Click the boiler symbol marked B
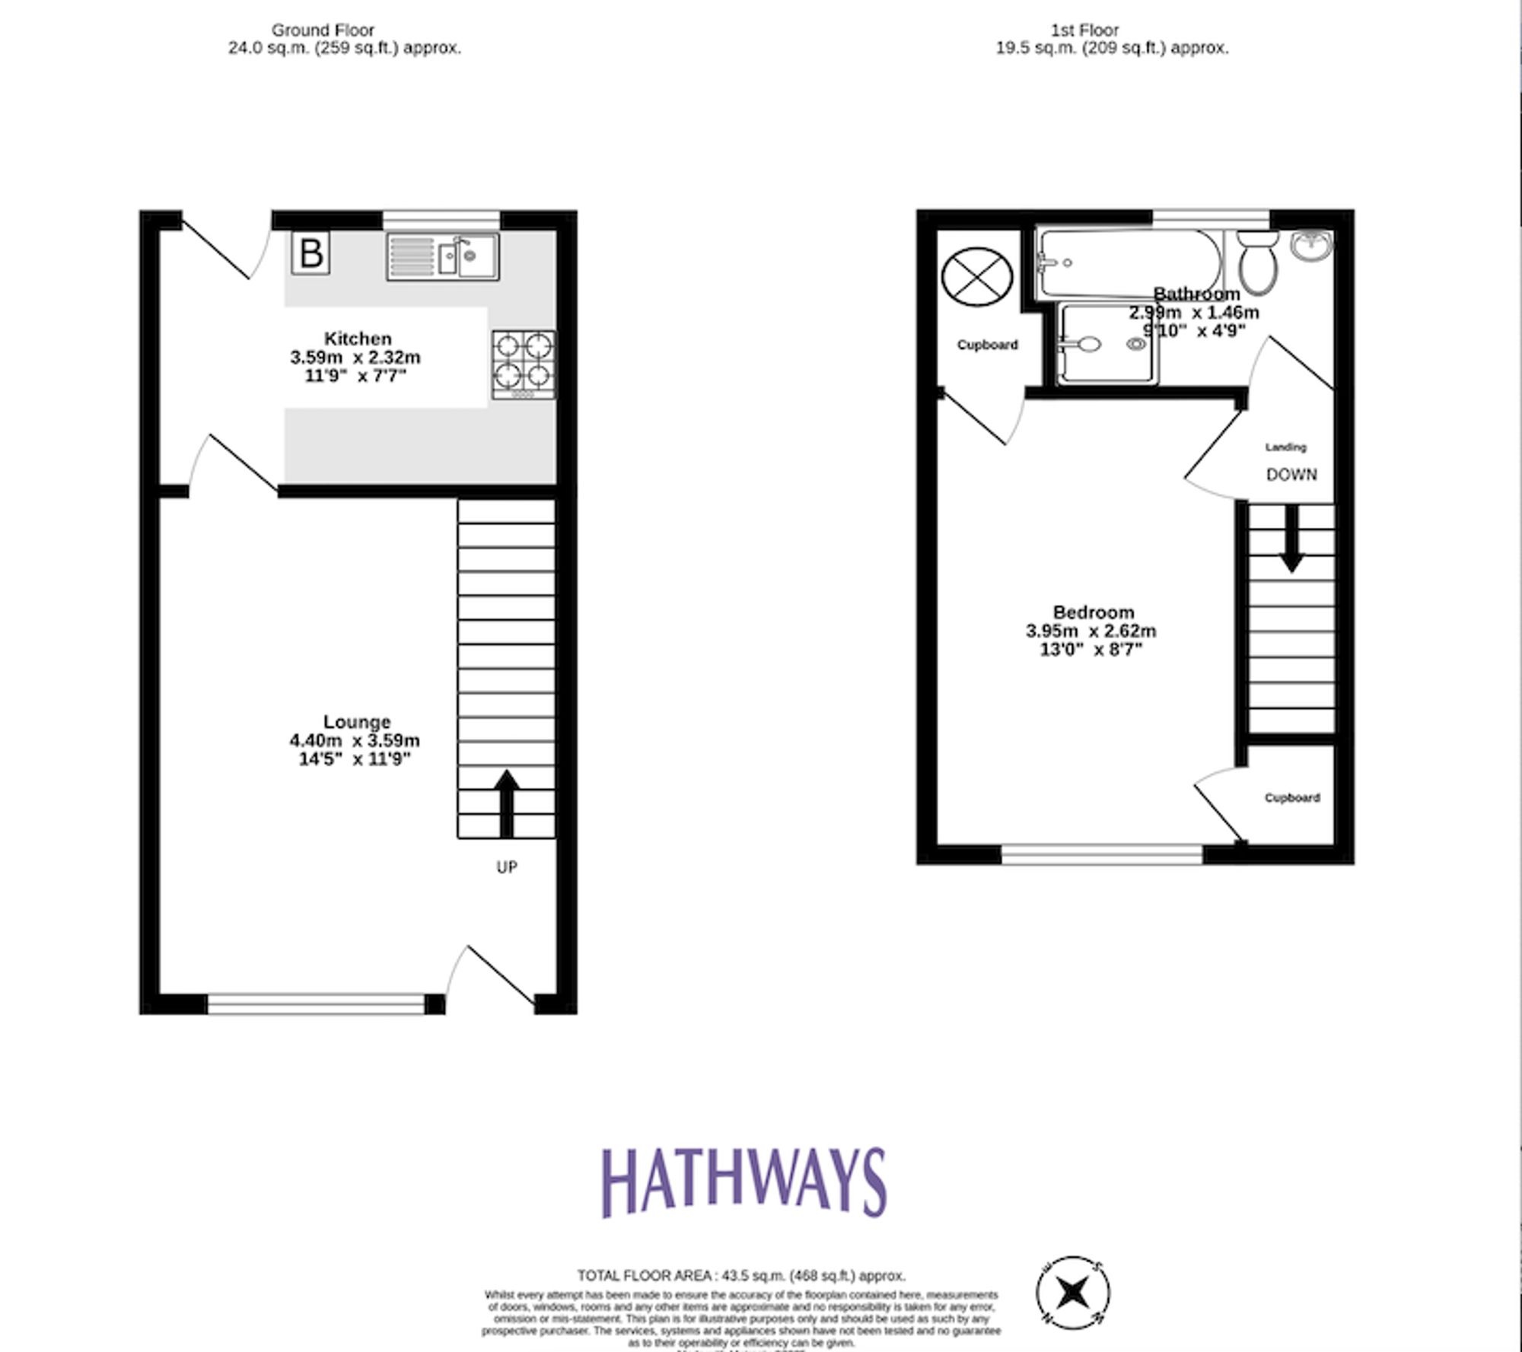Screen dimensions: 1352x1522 310,253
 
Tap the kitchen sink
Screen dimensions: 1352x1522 443,256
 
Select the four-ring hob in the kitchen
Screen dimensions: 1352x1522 524,364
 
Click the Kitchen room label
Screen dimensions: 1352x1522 358,339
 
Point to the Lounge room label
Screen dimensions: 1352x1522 357,722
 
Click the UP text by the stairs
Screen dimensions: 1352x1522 507,867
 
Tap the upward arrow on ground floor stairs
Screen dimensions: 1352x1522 507,803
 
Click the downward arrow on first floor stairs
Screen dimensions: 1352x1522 1291,539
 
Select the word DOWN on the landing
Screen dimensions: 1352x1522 1291,475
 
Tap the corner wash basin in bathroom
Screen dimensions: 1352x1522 1312,245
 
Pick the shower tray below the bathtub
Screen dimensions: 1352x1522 1108,344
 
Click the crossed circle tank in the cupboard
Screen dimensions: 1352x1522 977,275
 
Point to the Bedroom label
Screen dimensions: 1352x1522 1094,612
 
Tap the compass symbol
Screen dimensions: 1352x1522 1073,1292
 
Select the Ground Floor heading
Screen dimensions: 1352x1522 323,30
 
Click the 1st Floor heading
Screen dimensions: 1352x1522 1084,30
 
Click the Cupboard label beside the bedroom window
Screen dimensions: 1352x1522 1292,797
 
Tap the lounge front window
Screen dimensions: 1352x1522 316,1004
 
